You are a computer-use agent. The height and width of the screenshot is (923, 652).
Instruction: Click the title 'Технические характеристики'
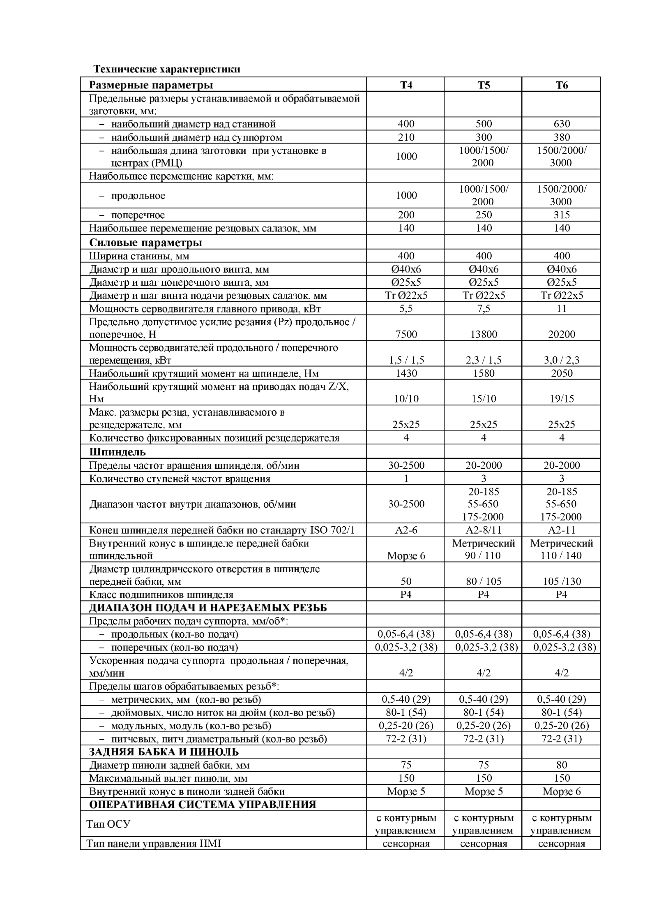(166, 69)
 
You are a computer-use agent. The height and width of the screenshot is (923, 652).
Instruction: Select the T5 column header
(484, 85)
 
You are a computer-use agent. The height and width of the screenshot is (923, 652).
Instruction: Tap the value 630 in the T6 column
(562, 124)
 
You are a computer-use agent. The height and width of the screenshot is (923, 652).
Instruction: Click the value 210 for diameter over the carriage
(406, 137)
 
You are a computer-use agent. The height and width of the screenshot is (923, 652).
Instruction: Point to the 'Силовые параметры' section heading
(145, 243)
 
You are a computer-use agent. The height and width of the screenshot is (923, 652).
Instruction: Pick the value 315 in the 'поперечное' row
(562, 215)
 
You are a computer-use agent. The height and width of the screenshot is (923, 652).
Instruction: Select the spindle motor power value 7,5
(484, 309)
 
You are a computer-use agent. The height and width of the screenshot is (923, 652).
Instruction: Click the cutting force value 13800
(484, 334)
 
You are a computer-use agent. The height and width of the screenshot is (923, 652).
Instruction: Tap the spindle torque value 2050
(562, 373)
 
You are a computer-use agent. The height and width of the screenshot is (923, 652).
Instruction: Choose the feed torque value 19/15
(562, 398)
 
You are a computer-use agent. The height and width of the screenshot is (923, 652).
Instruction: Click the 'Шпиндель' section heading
(117, 452)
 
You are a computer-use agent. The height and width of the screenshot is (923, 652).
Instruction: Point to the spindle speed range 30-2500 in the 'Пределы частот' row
(406, 465)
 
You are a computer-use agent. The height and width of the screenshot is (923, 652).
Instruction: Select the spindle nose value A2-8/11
(484, 530)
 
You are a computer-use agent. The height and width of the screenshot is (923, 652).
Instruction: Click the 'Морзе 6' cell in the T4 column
(406, 556)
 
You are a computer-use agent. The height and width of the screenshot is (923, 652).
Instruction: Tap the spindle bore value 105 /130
(562, 581)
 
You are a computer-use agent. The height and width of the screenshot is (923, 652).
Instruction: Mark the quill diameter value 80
(562, 765)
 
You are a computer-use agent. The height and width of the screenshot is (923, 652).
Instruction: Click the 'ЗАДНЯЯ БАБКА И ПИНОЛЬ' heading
(164, 752)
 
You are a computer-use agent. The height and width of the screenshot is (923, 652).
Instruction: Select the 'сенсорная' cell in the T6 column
(562, 844)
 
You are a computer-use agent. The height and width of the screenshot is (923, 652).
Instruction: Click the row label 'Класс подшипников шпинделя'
(161, 595)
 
